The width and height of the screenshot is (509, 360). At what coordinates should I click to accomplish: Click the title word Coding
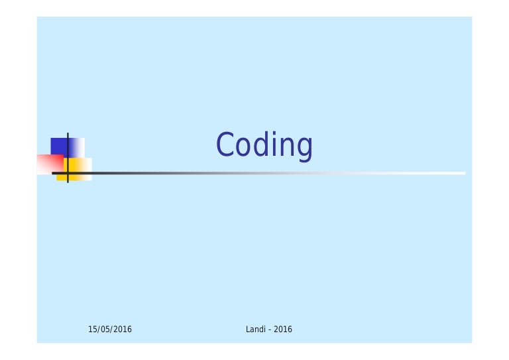point(264,145)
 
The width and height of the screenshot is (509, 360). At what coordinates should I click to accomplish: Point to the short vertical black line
point(68,143)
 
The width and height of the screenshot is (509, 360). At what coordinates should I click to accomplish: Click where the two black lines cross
point(68,173)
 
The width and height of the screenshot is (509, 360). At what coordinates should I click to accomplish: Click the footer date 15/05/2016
point(110,330)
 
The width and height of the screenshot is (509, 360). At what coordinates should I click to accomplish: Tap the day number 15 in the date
point(92,330)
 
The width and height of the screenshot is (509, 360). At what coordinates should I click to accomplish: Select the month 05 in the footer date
point(105,330)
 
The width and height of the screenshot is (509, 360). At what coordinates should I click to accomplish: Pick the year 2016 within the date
point(122,330)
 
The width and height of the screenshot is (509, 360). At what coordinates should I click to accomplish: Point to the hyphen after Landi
point(270,330)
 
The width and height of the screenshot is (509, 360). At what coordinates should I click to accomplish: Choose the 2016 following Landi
point(283,330)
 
